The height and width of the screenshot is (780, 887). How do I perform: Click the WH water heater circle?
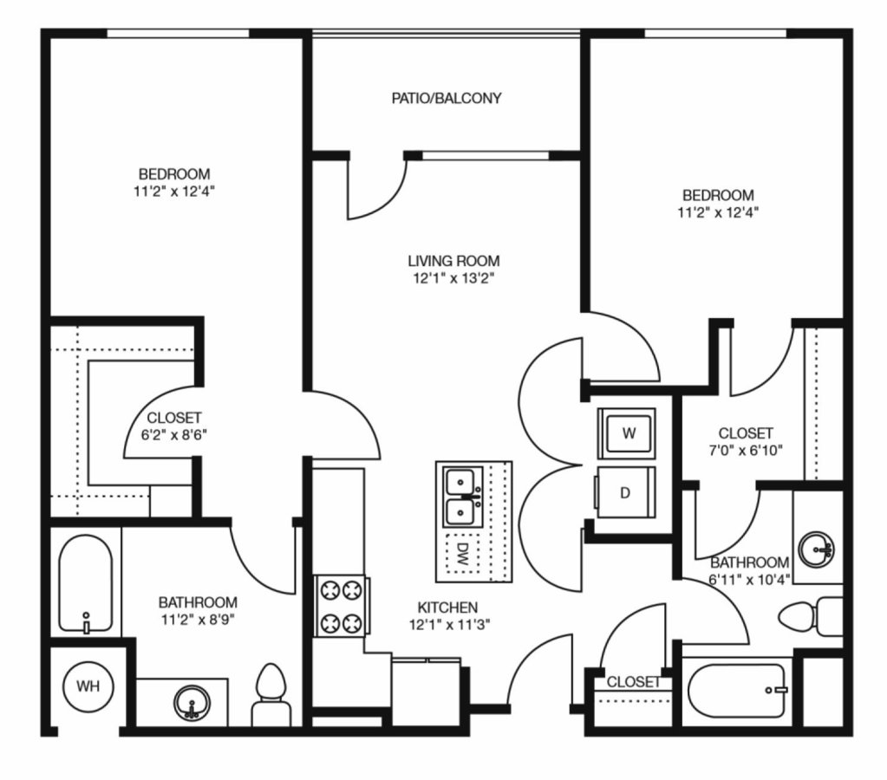(88, 686)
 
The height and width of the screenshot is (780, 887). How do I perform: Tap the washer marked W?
(627, 433)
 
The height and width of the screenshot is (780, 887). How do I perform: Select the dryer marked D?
(625, 492)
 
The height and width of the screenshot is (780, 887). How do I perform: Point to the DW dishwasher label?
(463, 555)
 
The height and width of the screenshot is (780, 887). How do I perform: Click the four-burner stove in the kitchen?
(342, 607)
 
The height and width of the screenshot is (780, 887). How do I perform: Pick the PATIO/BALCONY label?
(447, 99)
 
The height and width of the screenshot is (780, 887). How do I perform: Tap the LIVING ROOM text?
(453, 261)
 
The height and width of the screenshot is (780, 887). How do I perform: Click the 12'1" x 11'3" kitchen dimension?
(449, 625)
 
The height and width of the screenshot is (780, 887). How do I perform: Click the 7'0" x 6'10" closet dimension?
(745, 451)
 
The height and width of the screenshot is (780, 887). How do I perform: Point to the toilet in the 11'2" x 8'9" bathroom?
(271, 695)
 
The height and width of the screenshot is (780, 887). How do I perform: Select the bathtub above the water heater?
(86, 584)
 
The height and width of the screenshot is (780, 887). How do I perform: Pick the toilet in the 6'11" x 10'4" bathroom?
(810, 616)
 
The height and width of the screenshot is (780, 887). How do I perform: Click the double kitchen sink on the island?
(464, 497)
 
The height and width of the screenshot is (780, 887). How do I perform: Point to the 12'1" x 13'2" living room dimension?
(453, 279)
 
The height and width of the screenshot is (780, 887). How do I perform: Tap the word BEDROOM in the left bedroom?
(174, 173)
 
